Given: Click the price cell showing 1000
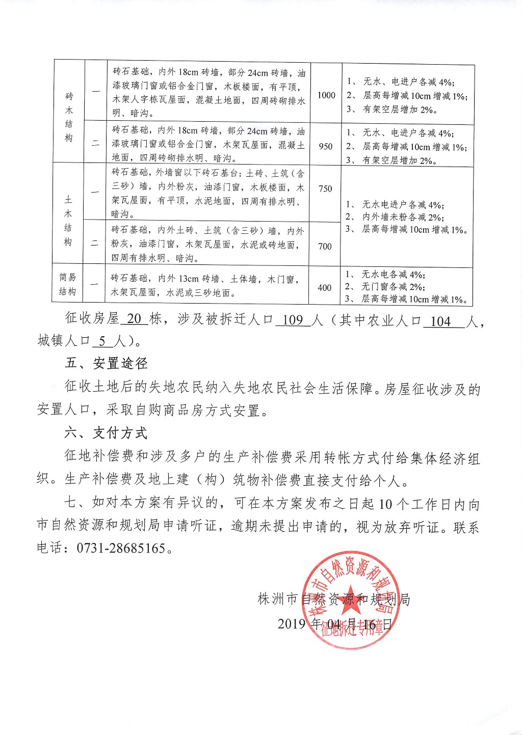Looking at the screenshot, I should (x=326, y=95).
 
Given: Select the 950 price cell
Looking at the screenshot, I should (x=326, y=146).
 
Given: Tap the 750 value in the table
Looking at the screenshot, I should (x=325, y=189).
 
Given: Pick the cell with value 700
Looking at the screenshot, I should (x=325, y=247).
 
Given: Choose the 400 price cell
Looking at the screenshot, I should (x=324, y=288).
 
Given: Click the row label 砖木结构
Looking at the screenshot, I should (x=69, y=117).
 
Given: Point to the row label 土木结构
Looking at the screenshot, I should (x=68, y=221).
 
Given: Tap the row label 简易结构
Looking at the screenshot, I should (x=68, y=284).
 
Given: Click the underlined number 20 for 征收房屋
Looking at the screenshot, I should (x=134, y=319).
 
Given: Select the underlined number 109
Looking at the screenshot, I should (x=293, y=320).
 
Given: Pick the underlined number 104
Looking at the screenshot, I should (x=440, y=321).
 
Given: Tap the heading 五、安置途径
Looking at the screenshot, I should (x=106, y=363).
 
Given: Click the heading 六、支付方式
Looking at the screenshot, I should (x=106, y=433).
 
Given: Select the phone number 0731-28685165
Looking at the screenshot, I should (x=121, y=549).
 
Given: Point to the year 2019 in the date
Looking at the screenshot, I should (x=292, y=624).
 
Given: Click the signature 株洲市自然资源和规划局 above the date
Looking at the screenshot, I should (x=334, y=599).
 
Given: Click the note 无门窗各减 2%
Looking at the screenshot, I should (x=393, y=287).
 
